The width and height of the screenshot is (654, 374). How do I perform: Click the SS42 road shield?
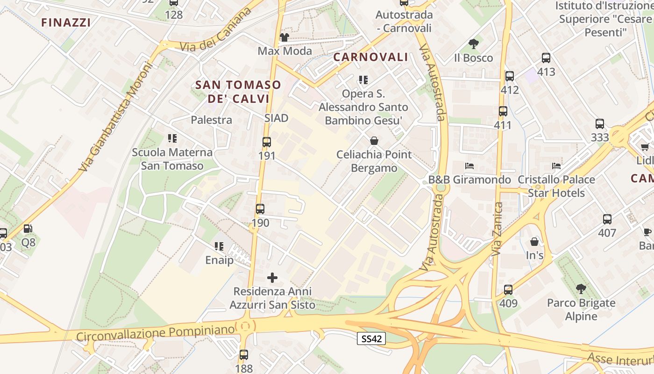coord(371,339)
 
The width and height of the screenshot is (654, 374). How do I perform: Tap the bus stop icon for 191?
coord(267,142)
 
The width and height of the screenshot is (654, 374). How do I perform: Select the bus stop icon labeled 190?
coord(260,209)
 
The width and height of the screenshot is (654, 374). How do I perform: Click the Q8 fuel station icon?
coord(28,229)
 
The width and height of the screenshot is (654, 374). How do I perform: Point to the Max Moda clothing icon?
coord(284,37)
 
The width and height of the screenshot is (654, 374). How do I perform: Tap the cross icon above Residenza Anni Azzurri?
coord(272,278)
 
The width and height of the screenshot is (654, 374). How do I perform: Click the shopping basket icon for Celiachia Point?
coord(374,140)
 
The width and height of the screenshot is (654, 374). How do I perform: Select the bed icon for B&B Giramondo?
coord(469,166)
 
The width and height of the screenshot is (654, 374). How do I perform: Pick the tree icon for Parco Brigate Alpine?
coord(581,289)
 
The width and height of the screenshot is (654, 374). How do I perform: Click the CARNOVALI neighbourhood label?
coord(370,58)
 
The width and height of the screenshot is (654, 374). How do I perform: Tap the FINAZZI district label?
coord(66,22)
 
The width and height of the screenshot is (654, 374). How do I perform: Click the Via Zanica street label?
coord(498,229)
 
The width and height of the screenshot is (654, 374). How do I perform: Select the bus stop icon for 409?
coord(508,290)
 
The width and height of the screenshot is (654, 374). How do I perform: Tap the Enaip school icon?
coord(219,246)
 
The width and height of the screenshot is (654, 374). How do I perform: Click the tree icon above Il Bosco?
coord(473,44)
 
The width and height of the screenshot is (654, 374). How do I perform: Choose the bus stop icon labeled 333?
coord(600,124)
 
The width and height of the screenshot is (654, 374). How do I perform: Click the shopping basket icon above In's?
coord(534,242)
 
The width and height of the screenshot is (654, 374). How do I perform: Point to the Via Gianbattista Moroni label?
coord(116,117)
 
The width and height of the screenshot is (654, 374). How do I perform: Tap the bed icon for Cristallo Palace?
coord(556,166)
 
